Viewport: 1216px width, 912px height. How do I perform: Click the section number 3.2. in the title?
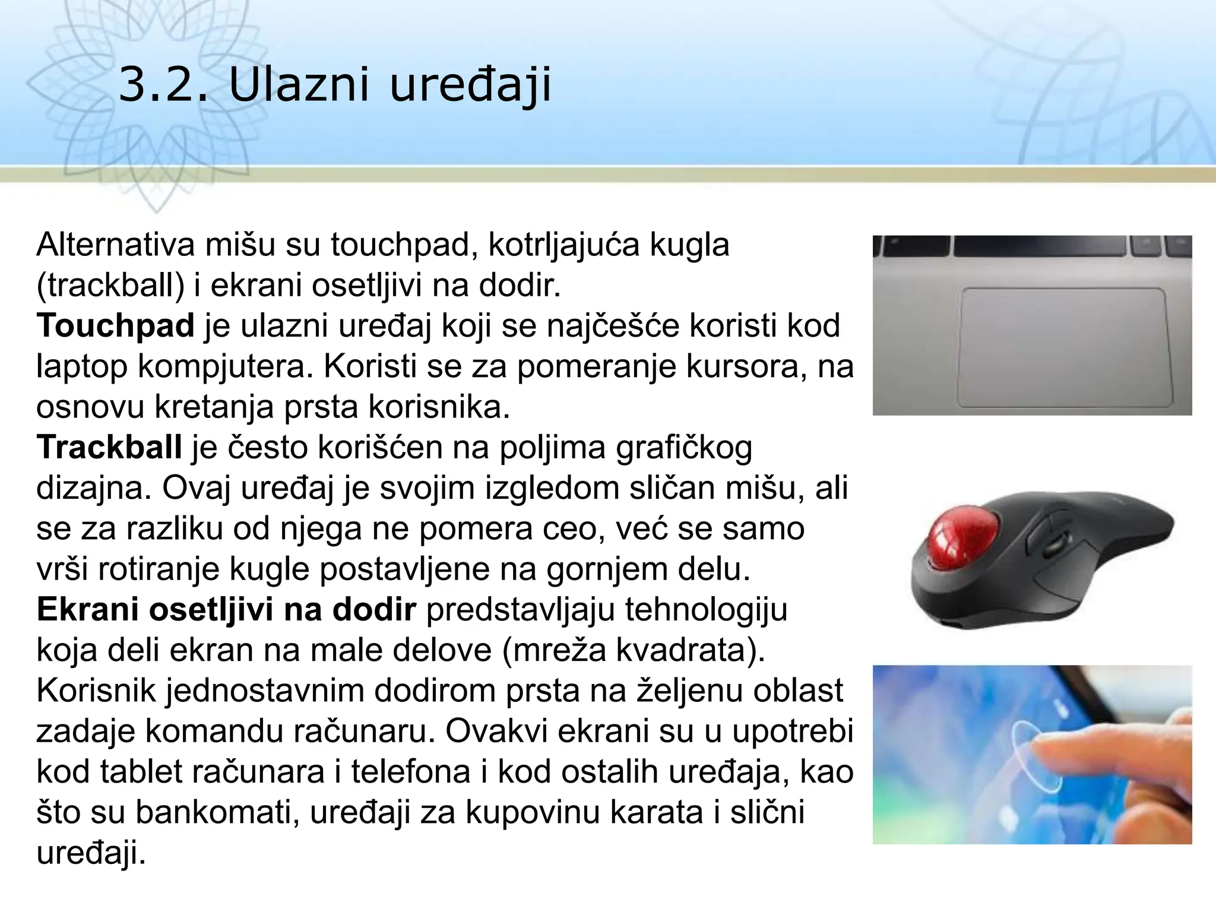[164, 84]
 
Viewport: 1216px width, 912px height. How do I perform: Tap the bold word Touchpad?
[116, 325]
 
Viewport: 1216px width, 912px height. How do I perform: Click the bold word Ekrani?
[87, 609]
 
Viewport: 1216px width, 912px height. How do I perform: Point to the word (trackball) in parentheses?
[111, 286]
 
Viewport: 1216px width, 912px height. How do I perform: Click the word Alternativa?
[116, 245]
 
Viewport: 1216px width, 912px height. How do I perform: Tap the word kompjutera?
[225, 366]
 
